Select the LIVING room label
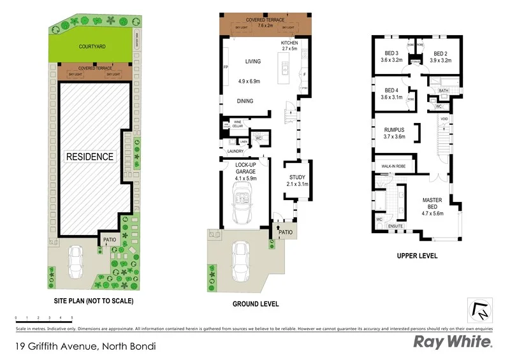click(254, 62)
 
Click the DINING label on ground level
click(245, 101)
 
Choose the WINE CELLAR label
click(238, 124)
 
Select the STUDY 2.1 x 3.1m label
click(297, 181)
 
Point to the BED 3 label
click(391, 57)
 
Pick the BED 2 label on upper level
click(440, 57)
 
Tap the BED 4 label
click(391, 94)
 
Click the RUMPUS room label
click(394, 133)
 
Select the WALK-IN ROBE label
click(394, 166)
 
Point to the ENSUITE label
click(396, 226)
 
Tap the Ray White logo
click(453, 342)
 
